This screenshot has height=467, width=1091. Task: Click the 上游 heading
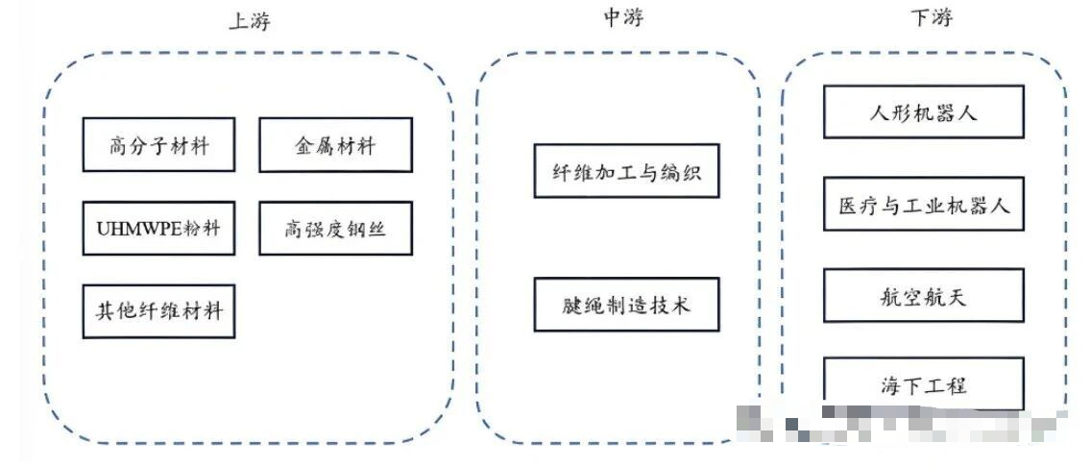point(249,20)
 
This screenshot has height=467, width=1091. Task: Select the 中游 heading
point(622,17)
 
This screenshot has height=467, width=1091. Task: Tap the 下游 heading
point(931,17)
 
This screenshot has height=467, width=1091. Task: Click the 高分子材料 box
point(158,146)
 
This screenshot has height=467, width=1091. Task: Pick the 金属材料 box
point(335,146)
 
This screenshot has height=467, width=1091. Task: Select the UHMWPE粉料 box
point(158,229)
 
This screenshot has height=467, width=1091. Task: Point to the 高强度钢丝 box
point(335,229)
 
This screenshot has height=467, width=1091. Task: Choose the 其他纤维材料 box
point(158,311)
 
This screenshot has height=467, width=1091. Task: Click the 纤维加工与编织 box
point(626,172)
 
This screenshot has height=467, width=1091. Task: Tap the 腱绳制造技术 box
point(626,305)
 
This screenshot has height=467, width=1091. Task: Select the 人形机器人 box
point(923,111)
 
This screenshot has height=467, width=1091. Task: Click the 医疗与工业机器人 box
point(923,204)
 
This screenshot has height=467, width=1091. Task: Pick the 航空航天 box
point(923,295)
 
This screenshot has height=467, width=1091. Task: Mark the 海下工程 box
point(923,384)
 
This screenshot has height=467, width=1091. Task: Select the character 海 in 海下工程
point(889,385)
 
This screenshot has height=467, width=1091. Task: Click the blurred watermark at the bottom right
point(903,423)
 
